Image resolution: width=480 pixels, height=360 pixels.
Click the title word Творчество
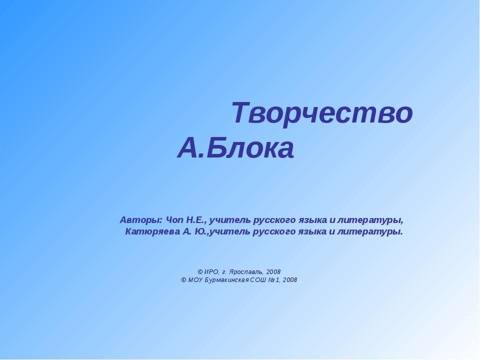(322, 113)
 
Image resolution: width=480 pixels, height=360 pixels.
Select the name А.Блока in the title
(235, 148)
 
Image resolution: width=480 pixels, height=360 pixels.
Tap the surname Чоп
(174, 220)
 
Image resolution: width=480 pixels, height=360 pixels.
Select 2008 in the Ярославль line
(273, 271)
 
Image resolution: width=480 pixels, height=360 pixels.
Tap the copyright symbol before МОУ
(183, 280)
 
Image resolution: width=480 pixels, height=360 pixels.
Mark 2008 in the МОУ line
(290, 280)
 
